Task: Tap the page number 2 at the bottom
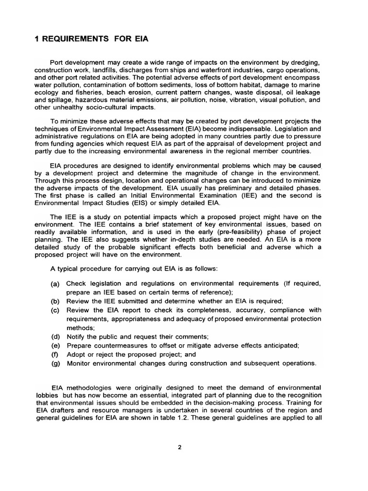(x=179, y=448)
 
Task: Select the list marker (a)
(x=55, y=284)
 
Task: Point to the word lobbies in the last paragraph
(x=46, y=395)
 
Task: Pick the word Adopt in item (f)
(x=76, y=354)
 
